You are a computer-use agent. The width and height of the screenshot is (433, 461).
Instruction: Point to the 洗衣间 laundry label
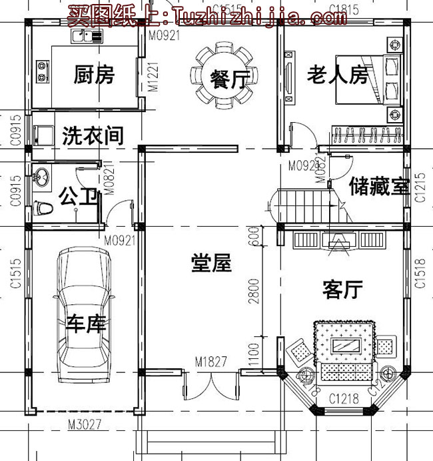(93, 136)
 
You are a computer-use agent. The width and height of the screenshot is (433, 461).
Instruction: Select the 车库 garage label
(87, 324)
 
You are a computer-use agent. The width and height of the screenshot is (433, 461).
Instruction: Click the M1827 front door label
(211, 362)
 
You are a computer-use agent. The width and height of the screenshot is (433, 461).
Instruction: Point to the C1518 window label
(420, 274)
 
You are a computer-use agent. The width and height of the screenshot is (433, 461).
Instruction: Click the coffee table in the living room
(347, 346)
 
